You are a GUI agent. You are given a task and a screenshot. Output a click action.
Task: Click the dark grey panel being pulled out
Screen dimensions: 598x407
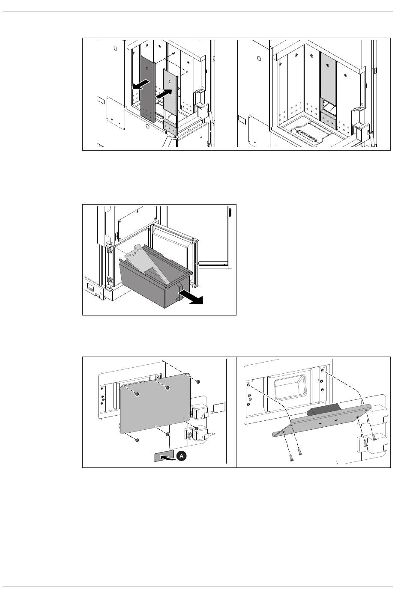point(147,86)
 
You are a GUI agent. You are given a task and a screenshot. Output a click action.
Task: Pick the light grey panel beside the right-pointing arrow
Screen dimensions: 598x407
point(171,94)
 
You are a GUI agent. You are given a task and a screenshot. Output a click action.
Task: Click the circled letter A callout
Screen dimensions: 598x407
point(181,457)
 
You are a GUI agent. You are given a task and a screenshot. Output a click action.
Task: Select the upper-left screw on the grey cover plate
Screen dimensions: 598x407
point(137,394)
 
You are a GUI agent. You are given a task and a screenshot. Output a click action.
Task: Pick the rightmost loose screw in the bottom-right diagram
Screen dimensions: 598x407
point(374,437)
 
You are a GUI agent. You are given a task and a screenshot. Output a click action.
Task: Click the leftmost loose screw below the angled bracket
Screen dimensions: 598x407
point(290,458)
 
